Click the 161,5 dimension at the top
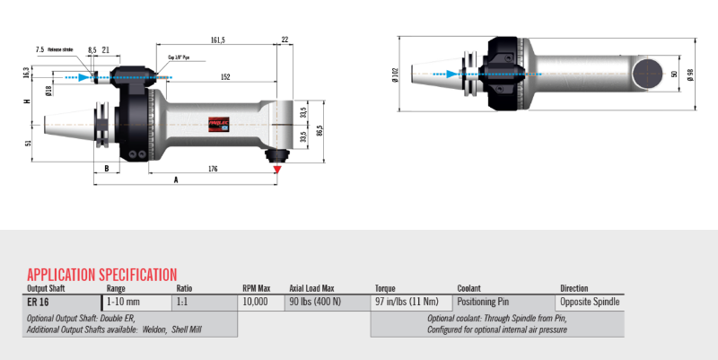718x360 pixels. [217, 40]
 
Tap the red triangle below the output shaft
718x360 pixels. [278, 168]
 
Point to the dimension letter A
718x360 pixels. [175, 180]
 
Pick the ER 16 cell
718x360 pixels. [38, 303]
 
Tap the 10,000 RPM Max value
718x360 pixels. [255, 303]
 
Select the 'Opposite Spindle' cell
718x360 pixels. [590, 303]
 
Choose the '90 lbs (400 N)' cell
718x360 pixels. [315, 303]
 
